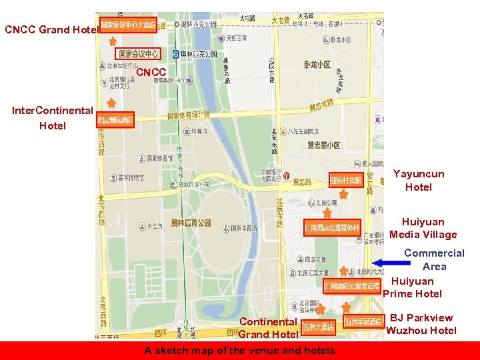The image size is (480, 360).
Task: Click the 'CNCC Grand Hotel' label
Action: coord(51,29)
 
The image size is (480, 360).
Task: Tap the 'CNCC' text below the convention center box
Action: coord(151,71)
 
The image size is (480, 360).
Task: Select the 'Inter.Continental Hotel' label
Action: coord(52,118)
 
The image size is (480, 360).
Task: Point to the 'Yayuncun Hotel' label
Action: coord(418,181)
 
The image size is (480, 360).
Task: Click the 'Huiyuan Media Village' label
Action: coord(423,228)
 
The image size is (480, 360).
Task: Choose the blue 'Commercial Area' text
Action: coord(434,259)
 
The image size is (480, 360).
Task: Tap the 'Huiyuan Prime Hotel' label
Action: coord(413,287)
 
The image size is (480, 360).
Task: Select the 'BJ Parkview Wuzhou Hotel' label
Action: coord(421,324)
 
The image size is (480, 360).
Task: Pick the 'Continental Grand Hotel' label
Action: coord(268,328)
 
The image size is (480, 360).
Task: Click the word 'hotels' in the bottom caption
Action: coord(319,351)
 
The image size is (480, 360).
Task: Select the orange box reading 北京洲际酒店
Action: coord(115,121)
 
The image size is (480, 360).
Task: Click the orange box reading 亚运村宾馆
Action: coord(345,180)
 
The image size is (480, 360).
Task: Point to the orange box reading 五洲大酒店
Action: coord(318,327)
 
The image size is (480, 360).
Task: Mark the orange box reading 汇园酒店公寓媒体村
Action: coord(332,227)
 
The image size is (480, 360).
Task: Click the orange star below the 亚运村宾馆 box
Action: coord(343,194)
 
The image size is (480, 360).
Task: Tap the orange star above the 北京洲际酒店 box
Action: coord(111,104)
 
